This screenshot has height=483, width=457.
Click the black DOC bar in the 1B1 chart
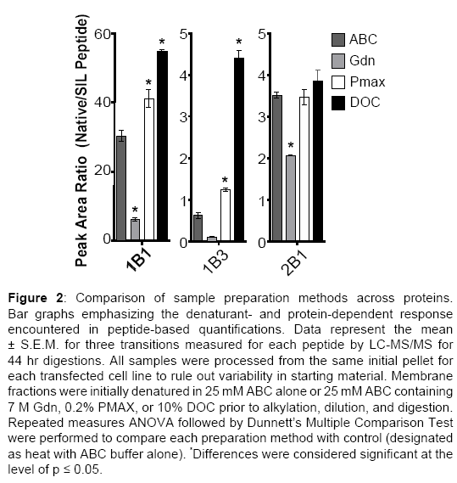tap(162, 145)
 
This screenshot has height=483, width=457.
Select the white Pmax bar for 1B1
tap(149, 170)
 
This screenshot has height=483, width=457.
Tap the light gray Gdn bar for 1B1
tap(135, 230)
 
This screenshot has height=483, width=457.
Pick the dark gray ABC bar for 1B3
tap(198, 228)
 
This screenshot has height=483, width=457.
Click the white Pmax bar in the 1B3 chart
tap(226, 215)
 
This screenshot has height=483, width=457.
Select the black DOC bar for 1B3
tap(239, 149)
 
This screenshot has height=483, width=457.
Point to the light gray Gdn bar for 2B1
tap(291, 198)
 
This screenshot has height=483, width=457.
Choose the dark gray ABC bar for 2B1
tap(277, 168)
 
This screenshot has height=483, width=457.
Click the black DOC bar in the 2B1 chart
tap(318, 160)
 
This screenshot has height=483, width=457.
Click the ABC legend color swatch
tap(338, 40)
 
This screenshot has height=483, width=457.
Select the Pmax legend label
tap(367, 82)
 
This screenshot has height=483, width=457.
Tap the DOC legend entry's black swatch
tap(338, 103)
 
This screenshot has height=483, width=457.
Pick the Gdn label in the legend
tap(362, 60)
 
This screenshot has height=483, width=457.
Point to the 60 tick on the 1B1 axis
tap(103, 34)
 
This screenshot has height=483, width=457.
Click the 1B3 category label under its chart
tap(216, 261)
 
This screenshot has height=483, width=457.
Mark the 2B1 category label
tap(294, 262)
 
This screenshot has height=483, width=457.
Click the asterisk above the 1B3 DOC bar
tap(239, 42)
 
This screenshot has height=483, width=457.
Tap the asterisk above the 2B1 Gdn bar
tap(291, 145)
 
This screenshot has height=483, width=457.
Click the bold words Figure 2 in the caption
tap(36, 298)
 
